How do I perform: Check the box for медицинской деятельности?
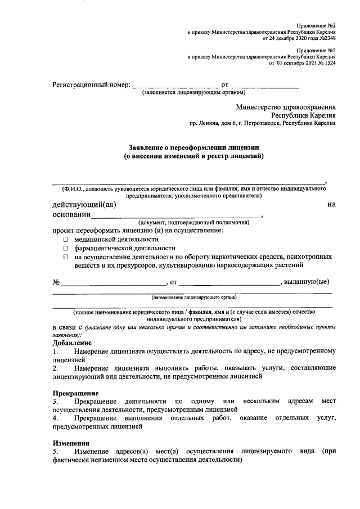pos(65,239)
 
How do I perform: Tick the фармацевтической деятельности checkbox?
pos(65,247)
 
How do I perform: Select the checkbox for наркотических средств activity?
pos(65,256)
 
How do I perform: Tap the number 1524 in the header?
pos(327,64)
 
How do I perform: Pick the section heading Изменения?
pos(71,443)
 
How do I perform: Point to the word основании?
pos(71,215)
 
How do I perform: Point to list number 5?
pos(55,452)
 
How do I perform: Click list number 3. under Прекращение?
pos(55,402)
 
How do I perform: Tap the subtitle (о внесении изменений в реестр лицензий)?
pos(193,156)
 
